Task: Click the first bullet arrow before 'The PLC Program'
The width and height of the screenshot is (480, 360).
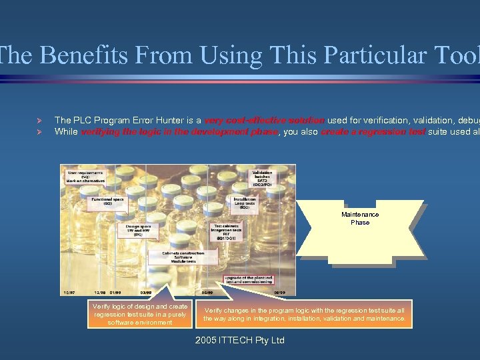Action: point(39,120)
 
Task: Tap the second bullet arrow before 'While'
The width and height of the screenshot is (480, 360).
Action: point(39,132)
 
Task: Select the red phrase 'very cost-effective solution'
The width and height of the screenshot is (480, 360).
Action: point(265,120)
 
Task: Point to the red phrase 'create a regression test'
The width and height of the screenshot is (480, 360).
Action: point(373,132)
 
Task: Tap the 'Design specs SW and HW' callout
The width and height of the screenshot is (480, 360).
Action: point(138,230)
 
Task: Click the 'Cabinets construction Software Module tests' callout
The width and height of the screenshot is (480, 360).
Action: point(183,257)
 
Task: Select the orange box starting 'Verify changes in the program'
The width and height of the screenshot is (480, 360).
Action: point(305,314)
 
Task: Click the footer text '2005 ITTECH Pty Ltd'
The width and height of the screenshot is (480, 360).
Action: point(239,341)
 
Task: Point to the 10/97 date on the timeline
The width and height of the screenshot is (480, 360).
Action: point(68,292)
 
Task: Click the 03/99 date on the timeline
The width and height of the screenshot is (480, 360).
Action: point(145,292)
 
